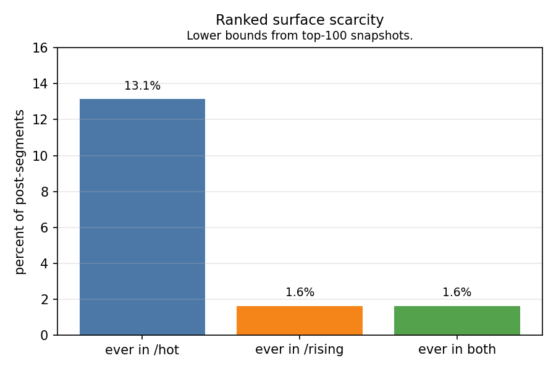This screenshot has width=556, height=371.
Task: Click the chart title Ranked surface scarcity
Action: tap(300, 20)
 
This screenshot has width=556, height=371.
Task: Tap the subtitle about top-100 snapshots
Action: tap(300, 36)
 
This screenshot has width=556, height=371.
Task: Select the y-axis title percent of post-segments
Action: tap(20, 192)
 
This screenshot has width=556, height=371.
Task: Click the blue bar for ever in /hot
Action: tap(142, 217)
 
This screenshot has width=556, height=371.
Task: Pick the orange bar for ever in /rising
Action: tap(300, 320)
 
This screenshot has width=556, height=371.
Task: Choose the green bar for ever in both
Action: tap(457, 320)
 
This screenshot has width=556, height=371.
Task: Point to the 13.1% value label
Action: tap(142, 86)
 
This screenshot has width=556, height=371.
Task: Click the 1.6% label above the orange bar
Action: tap(300, 292)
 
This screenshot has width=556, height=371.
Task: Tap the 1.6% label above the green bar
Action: tap(457, 292)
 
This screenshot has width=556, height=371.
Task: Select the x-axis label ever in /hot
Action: tap(142, 350)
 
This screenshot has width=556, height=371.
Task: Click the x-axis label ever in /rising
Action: tap(300, 350)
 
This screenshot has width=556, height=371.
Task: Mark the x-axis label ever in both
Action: tap(457, 350)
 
